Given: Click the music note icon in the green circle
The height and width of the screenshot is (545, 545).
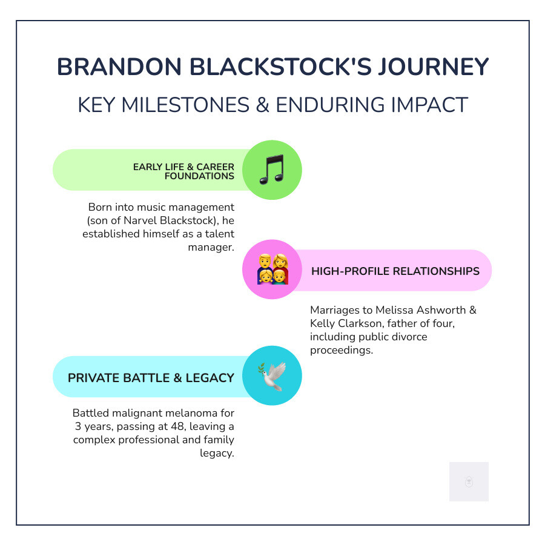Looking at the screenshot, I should (271, 170).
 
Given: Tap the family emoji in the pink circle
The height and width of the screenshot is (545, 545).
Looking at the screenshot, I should (272, 269).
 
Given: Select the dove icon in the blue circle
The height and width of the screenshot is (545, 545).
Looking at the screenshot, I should (271, 376).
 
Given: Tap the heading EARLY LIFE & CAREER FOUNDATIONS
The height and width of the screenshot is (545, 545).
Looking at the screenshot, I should (183, 171).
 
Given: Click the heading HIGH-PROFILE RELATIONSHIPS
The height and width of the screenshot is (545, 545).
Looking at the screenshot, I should (395, 271).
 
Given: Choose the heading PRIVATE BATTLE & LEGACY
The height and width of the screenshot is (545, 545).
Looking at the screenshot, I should (151, 378).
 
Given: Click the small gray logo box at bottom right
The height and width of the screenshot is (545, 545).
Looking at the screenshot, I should (469, 481).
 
